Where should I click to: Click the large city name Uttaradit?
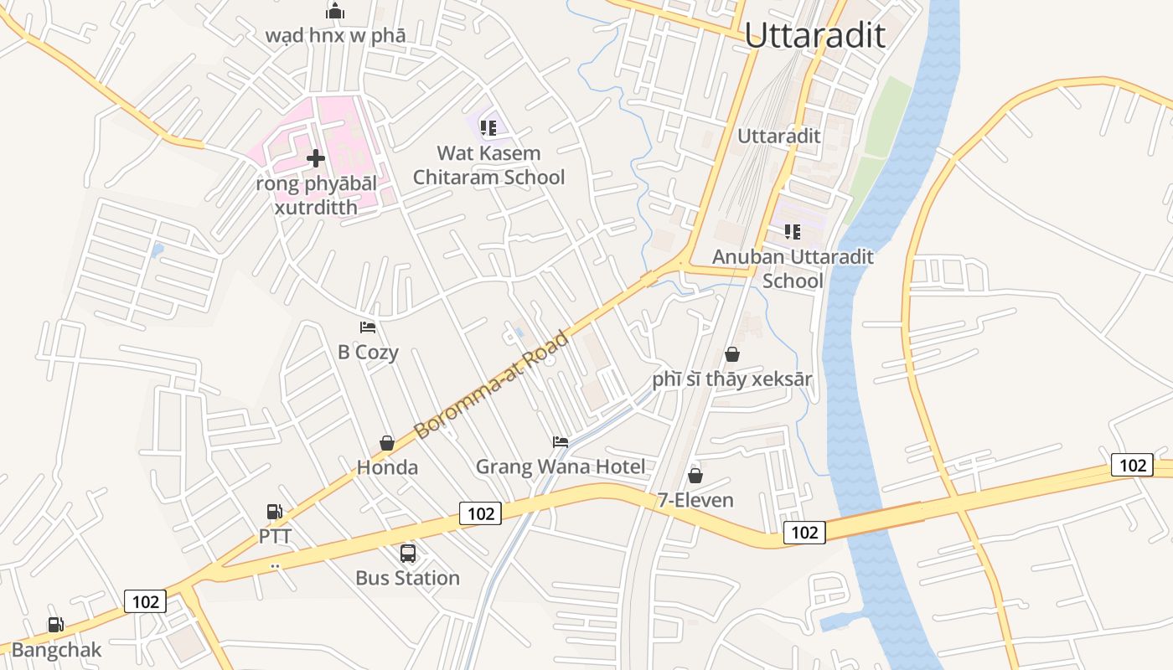814,35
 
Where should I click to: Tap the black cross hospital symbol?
316,157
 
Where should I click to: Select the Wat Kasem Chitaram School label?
488,165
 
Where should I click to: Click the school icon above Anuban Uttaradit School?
792,232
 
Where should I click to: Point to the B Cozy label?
368,352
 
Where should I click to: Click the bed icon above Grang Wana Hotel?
561,441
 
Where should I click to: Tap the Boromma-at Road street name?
492,384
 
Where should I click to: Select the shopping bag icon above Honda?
387,442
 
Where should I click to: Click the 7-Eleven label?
695,500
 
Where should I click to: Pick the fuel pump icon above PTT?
274,511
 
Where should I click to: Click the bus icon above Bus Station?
408,553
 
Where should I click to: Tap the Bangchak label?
56,650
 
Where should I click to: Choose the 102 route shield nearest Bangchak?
145,601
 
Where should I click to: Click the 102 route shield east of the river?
1132,465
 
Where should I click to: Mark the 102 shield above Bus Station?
481,513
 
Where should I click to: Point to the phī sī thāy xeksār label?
732,379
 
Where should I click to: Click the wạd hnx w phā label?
335,35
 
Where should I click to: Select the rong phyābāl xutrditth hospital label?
317,194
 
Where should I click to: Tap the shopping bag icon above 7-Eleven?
695,476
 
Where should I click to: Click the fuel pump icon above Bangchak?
55,624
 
